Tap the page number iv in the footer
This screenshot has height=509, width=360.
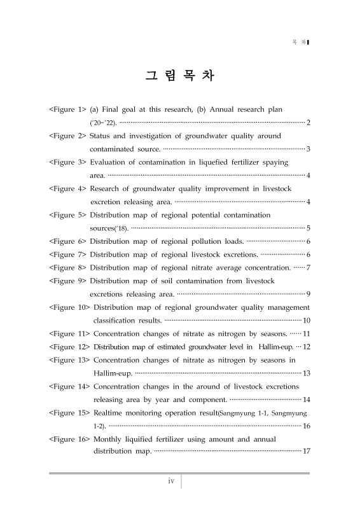point(171,481)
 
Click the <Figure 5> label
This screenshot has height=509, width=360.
point(67,215)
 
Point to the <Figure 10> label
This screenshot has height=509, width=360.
point(69,307)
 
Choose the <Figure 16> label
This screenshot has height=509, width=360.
point(69,439)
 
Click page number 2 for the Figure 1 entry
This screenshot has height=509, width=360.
point(308,122)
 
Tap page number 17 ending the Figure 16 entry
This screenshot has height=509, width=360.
point(306,452)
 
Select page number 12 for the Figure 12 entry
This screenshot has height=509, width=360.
point(306,347)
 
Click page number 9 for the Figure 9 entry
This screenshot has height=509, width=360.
point(308,294)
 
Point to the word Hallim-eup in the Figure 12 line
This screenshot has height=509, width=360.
point(277,347)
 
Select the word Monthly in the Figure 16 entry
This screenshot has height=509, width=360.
point(109,439)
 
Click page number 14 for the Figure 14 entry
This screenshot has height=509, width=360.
point(306,400)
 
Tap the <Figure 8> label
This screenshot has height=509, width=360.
point(67,267)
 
